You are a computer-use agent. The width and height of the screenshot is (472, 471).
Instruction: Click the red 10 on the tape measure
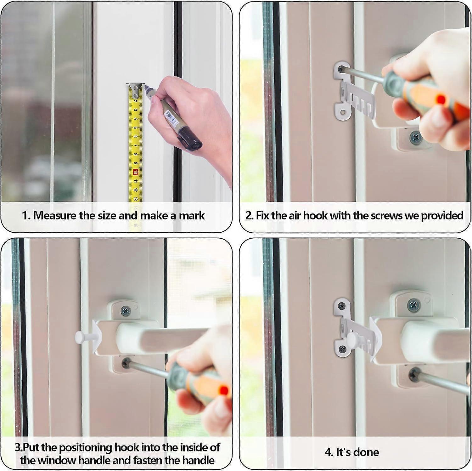click(x=135, y=172)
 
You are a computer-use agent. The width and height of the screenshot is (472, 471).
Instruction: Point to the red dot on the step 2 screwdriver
click(x=441, y=100)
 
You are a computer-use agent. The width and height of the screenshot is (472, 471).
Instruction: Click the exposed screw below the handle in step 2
click(x=416, y=138)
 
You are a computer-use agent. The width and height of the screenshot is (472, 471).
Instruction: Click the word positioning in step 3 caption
click(x=85, y=448)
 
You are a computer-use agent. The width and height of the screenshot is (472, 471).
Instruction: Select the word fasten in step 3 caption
click(x=147, y=460)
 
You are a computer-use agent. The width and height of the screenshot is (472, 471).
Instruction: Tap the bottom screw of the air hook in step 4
click(x=342, y=349)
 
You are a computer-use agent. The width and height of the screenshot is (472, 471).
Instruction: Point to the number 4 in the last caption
click(x=328, y=452)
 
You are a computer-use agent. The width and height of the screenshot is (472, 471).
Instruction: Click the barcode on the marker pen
click(x=170, y=118)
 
